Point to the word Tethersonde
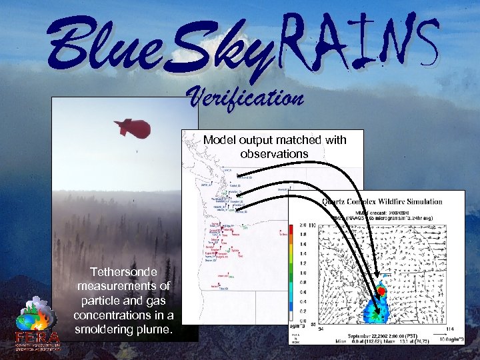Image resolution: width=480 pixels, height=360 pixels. coord(125,272)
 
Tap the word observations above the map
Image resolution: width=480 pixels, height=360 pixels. coord(274,153)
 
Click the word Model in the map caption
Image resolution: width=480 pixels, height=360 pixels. coord(219,140)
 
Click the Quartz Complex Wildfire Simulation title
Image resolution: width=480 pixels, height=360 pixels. coord(382,201)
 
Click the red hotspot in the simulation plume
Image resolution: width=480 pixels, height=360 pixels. coord(381,291)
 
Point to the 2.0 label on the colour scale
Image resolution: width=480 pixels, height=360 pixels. coord(303,225)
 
